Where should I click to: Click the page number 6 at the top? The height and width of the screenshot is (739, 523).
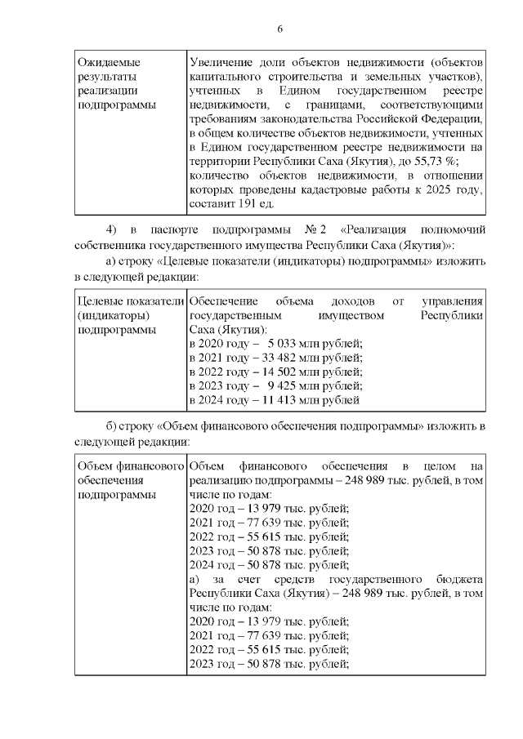coord(279,29)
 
